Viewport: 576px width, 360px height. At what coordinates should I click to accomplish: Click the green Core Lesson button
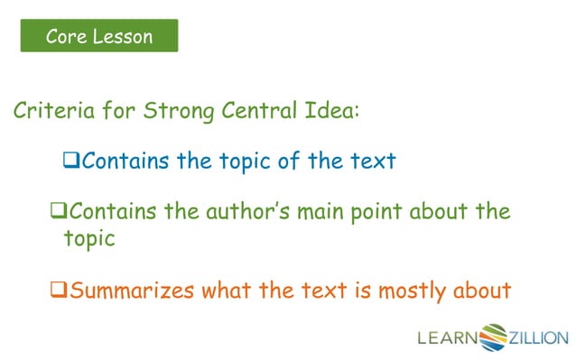[99, 36]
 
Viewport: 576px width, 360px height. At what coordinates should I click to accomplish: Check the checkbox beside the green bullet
[59, 214]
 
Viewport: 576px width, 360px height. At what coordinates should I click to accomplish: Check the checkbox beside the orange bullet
[59, 291]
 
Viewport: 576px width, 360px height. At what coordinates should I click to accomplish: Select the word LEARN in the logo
[447, 339]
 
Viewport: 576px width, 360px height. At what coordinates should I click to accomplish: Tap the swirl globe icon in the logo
[495, 337]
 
